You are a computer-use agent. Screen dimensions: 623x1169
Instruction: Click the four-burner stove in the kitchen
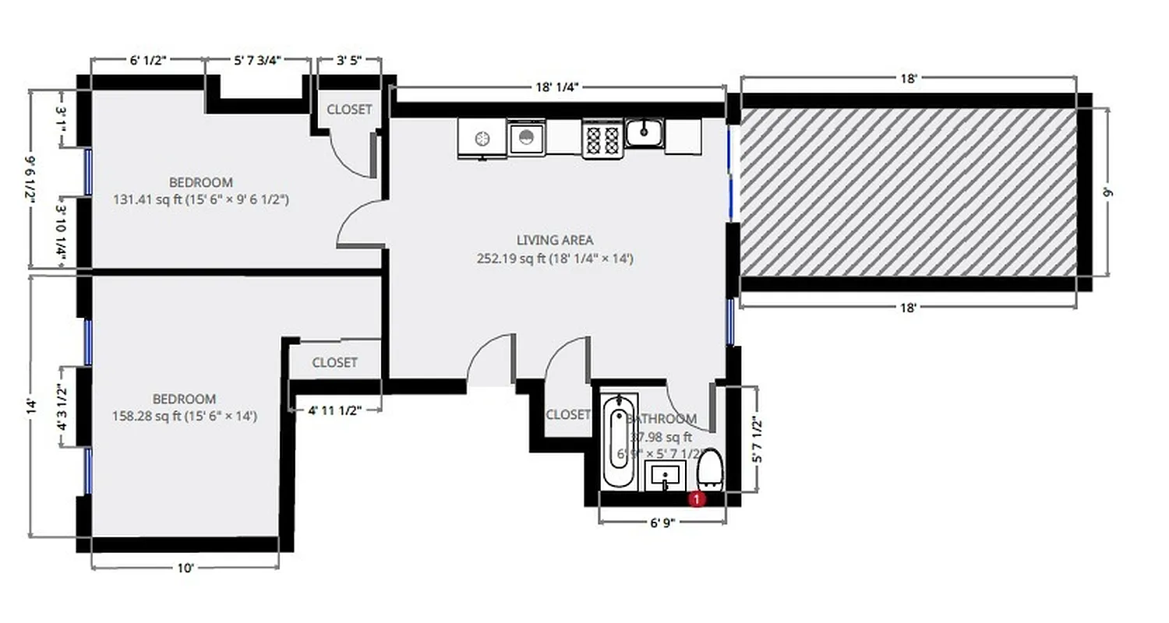click(602, 139)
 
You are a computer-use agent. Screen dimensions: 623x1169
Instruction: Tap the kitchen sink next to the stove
click(644, 134)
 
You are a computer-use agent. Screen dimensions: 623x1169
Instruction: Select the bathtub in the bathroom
click(619, 441)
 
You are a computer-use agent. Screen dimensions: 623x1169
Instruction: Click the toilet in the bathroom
click(710, 471)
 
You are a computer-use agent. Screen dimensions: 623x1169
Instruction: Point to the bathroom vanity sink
click(665, 475)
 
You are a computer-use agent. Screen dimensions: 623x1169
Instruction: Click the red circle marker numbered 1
click(698, 498)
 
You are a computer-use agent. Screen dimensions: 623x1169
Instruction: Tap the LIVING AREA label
click(554, 240)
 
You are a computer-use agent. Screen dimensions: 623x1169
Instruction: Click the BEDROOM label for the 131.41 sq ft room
click(200, 182)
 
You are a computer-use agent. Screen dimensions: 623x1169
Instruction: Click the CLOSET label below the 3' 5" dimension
click(348, 110)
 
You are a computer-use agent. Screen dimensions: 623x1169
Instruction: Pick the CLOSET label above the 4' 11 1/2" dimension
click(334, 362)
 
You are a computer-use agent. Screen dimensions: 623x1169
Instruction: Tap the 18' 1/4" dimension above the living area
click(556, 87)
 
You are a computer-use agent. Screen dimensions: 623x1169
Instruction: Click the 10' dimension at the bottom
click(185, 568)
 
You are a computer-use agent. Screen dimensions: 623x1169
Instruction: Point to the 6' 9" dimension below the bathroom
click(661, 523)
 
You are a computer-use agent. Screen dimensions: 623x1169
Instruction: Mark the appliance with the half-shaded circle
click(527, 139)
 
